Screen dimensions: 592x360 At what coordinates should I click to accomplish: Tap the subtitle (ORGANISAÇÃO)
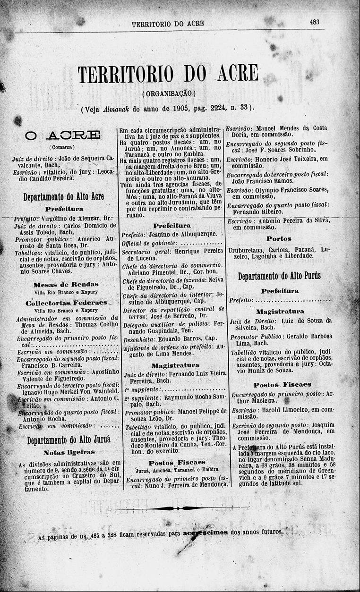tap(168, 94)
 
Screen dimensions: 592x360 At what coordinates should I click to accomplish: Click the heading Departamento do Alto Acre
tap(64, 196)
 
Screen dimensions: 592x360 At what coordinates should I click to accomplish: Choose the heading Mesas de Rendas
tap(66, 284)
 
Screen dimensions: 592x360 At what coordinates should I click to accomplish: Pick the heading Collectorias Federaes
tap(66, 302)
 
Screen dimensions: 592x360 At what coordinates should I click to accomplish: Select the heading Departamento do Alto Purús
tap(279, 276)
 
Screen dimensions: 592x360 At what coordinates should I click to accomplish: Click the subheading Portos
tap(279, 239)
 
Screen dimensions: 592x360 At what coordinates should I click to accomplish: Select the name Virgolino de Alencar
tap(69, 219)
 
